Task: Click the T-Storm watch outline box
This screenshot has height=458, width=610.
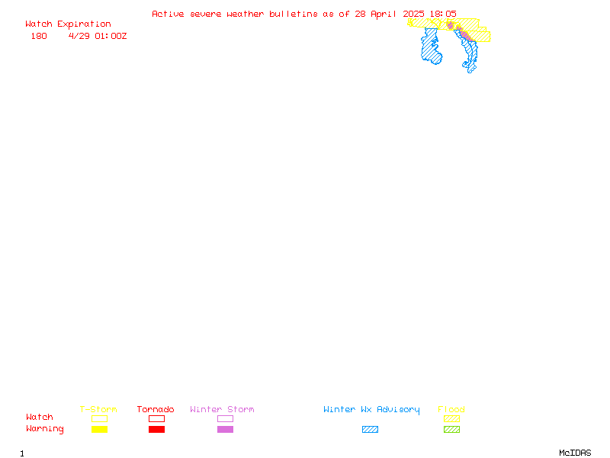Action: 100,418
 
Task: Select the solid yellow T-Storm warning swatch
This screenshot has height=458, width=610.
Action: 100,429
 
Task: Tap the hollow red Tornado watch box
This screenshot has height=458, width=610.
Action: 157,418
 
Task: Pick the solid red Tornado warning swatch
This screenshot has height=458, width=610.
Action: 157,429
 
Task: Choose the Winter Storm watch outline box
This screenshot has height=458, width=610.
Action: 225,418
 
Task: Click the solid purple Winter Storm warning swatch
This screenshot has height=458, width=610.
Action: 225,429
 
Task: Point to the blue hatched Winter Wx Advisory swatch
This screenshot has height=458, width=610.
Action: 370,429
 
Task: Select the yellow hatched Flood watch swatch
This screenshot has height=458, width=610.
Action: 451,418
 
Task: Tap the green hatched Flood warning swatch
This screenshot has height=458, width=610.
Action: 451,429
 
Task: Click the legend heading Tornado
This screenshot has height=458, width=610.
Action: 156,409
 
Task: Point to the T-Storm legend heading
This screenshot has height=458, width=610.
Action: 98,409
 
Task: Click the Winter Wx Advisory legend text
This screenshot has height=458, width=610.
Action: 371,410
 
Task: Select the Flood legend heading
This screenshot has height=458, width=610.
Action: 451,409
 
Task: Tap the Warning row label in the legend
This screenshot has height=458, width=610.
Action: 45,429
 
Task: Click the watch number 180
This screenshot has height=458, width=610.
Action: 39,36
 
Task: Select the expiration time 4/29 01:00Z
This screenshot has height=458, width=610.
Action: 98,36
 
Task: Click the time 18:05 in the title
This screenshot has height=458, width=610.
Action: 443,14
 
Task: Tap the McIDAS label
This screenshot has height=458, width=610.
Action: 575,453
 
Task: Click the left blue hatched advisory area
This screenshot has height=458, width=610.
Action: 431,47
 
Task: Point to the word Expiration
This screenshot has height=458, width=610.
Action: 84,24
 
